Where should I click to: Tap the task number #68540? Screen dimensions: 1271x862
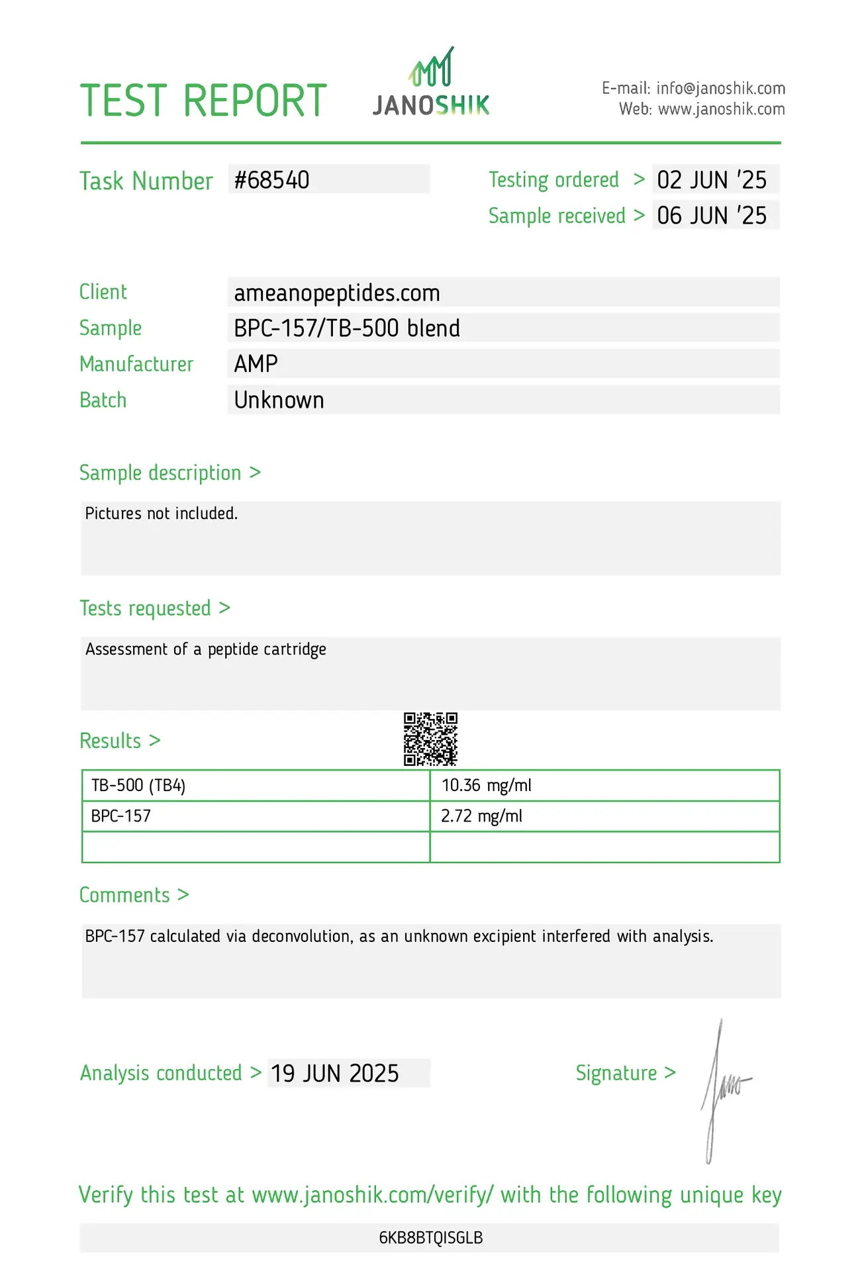272,180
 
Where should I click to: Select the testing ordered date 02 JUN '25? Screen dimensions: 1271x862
712,180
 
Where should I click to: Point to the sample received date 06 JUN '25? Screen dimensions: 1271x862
712,216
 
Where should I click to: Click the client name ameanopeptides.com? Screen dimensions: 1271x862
337,293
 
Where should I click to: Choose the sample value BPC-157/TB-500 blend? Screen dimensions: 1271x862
347,328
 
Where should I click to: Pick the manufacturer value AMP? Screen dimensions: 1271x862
256,364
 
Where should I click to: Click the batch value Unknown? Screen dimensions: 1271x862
279,400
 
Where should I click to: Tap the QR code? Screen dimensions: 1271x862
431,739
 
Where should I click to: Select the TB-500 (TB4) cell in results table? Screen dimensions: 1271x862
138,786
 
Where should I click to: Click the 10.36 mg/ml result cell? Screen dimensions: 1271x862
487,786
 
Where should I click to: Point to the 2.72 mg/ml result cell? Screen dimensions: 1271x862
481,816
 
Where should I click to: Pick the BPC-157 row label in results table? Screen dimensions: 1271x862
121,816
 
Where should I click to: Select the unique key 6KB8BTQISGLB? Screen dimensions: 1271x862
431,1238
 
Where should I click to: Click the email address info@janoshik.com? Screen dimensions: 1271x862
720,89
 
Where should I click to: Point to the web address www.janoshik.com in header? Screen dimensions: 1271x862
722,109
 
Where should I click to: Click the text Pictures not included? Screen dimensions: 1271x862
162,514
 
